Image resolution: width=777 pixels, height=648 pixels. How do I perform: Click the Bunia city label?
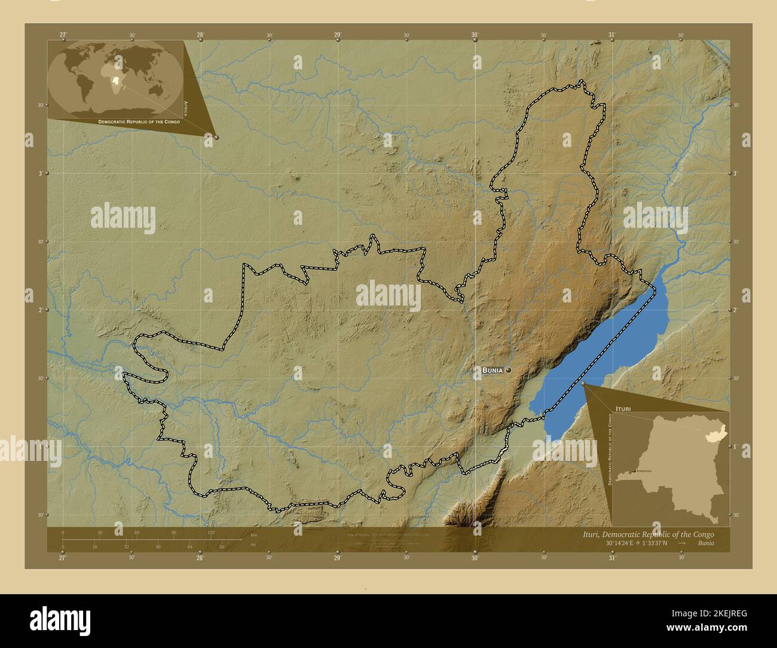point(492,371)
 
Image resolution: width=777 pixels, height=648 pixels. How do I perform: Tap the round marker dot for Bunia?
point(509,371)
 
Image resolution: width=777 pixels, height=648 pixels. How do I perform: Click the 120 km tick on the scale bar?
point(210,533)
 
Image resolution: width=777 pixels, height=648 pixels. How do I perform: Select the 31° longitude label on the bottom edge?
point(612,558)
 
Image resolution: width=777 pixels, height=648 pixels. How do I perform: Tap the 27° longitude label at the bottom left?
point(63,558)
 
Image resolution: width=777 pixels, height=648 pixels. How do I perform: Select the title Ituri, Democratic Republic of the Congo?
point(648,534)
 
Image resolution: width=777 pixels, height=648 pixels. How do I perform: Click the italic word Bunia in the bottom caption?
point(705,543)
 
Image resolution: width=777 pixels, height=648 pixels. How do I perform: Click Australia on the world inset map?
point(158,90)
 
